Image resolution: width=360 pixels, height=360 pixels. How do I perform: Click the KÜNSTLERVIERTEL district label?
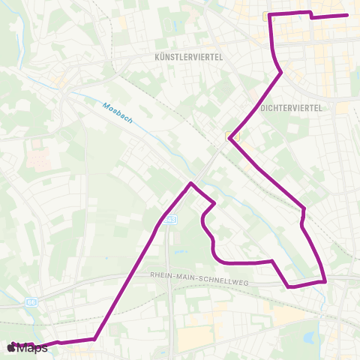click(x=189, y=56)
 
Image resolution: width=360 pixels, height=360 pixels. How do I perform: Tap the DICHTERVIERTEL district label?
click(x=291, y=108)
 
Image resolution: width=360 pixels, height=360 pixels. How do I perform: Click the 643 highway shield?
click(x=171, y=219)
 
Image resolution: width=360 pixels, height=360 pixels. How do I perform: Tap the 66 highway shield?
click(x=31, y=301)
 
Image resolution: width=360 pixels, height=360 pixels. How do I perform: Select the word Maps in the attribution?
click(x=31, y=347)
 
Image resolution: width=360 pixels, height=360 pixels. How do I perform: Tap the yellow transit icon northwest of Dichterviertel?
click(x=232, y=136)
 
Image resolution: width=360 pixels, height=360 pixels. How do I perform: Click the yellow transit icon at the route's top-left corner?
click(x=268, y=16)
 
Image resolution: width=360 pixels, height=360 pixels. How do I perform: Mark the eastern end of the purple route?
click(x=347, y=15)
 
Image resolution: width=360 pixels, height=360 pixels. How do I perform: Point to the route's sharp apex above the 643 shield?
click(x=191, y=183)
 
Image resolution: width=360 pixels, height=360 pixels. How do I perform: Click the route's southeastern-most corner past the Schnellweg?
click(x=325, y=282)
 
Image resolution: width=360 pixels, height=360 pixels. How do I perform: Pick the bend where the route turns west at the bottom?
click(x=95, y=338)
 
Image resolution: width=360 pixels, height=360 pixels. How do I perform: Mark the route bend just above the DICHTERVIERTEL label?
click(x=280, y=73)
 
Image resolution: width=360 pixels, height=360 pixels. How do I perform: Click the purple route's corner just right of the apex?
click(x=215, y=203)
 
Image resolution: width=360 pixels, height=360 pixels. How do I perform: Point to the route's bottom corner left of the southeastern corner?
click(x=289, y=286)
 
